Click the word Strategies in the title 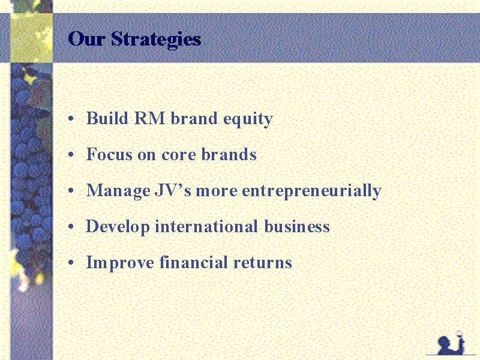pyautogui.click(x=156, y=40)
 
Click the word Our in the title pyautogui.click(x=86, y=38)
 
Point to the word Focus pyautogui.click(x=109, y=154)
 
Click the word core pyautogui.click(x=178, y=155)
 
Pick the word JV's pyautogui.click(x=173, y=190)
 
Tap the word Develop pyautogui.click(x=118, y=227)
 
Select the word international pyautogui.click(x=206, y=226)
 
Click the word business pyautogui.click(x=297, y=226)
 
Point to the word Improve pyautogui.click(x=120, y=263)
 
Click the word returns pyautogui.click(x=263, y=263)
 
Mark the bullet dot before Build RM pyautogui.click(x=71, y=118)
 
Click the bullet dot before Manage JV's pyautogui.click(x=71, y=191)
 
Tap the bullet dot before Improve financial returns pyautogui.click(x=71, y=263)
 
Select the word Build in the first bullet pyautogui.click(x=107, y=118)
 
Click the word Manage pyautogui.click(x=118, y=191)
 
